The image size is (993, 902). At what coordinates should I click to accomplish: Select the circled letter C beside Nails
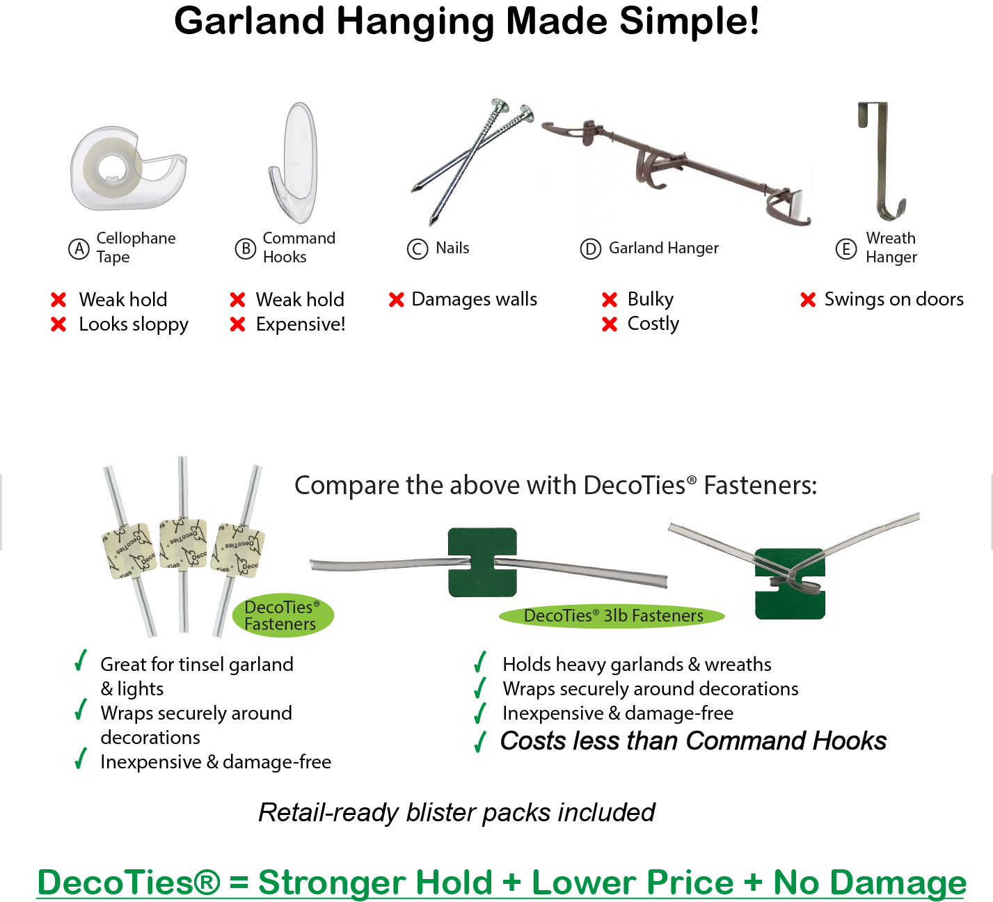pos(418,249)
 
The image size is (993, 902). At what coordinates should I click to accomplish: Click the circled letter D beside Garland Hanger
pos(590,249)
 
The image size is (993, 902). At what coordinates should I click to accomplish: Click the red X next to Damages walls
pos(397,300)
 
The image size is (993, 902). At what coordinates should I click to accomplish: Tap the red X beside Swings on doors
pos(808,300)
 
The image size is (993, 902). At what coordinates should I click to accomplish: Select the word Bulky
pos(651,299)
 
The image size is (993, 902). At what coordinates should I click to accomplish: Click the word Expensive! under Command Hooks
pos(301,324)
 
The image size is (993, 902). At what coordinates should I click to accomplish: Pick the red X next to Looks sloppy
pos(58,324)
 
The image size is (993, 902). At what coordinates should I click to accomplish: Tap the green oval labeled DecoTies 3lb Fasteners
pos(612,616)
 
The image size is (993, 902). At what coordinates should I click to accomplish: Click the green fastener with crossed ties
pos(790,583)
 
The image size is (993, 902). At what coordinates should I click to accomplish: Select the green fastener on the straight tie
pos(482,562)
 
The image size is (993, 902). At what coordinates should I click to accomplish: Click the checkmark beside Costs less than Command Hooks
pos(480,742)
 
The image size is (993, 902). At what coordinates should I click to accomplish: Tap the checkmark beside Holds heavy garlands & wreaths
pos(480,663)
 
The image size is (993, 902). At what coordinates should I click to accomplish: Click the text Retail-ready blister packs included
pos(456,812)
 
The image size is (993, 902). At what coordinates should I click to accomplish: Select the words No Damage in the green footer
pos(870,883)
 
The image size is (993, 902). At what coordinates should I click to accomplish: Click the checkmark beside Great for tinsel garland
pos(81,660)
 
